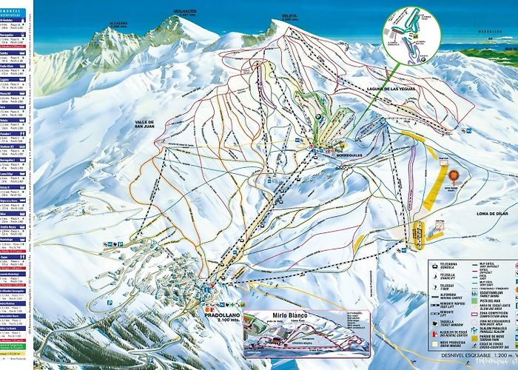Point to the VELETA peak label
pyautogui.click(x=289, y=16)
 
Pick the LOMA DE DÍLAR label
pyautogui.click(x=482, y=213)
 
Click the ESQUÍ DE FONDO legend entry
pyautogui.click(x=493, y=343)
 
